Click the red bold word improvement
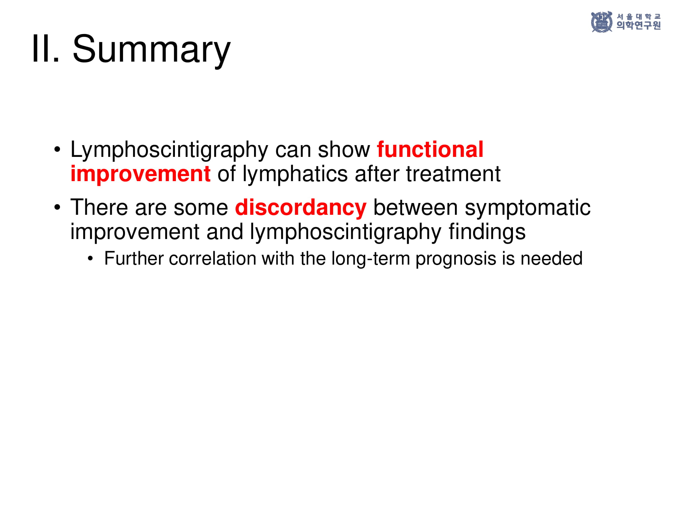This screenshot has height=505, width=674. click(141, 174)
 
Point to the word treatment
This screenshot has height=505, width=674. click(453, 174)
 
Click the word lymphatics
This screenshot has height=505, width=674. click(295, 174)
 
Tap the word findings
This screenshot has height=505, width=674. click(487, 232)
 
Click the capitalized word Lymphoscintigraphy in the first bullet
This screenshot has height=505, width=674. click(170, 150)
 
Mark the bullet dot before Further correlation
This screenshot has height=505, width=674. click(90, 259)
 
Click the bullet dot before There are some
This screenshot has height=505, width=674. click(57, 207)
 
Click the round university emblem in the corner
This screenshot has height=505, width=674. click(602, 22)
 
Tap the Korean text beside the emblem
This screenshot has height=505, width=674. click(639, 21)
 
